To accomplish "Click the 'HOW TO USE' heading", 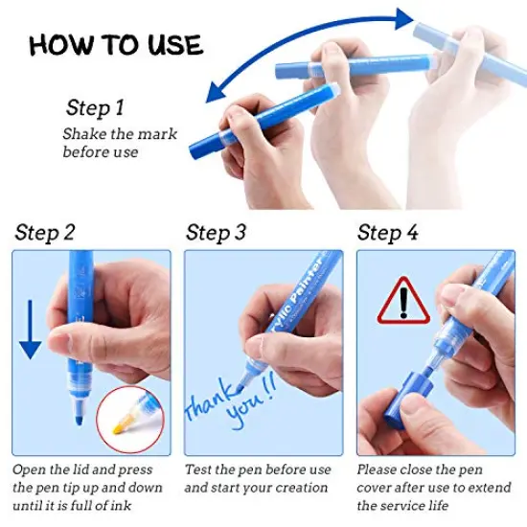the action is point(116,45).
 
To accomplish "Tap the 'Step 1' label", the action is point(95,108).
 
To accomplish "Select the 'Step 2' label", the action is point(45,233).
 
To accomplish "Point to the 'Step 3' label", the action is point(217,233).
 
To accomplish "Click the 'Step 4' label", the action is point(388,233).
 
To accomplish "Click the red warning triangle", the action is point(403,301).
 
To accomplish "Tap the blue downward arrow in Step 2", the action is point(31,330).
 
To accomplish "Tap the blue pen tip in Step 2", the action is point(79,420).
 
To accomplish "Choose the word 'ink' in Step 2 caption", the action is point(122,506).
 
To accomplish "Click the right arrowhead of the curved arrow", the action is point(404,19).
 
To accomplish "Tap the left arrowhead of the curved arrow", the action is point(215,94).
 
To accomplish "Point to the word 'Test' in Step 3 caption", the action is point(198,470).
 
